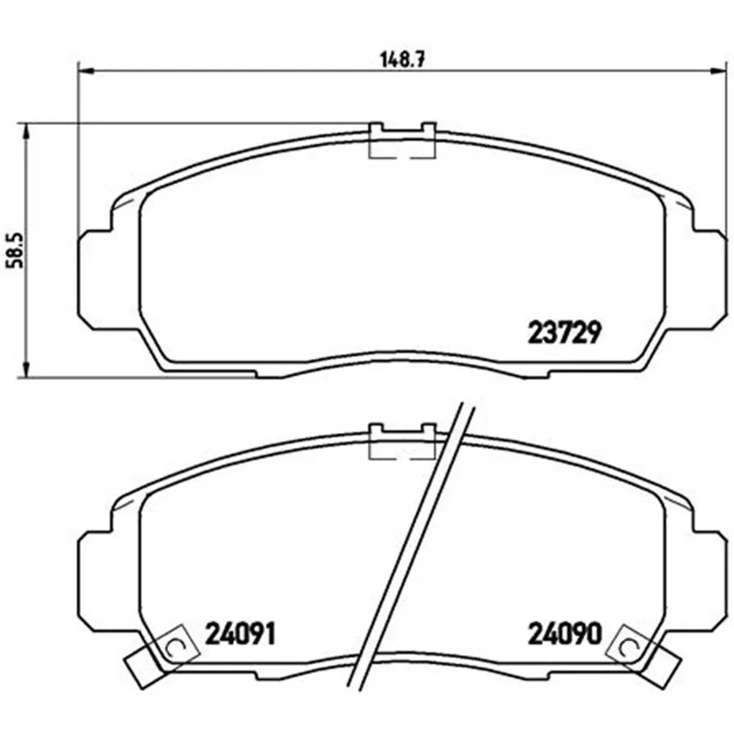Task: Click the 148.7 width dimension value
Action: [402, 60]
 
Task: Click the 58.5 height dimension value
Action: [16, 250]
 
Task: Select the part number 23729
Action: [563, 333]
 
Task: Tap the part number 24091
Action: [240, 634]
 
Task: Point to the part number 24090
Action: [564, 634]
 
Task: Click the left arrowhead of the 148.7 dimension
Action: [85, 72]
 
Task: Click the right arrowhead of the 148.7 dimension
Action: [718, 72]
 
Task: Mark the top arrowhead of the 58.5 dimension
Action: [27, 132]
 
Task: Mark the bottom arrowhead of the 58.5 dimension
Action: [27, 369]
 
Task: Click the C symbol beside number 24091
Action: [172, 648]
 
